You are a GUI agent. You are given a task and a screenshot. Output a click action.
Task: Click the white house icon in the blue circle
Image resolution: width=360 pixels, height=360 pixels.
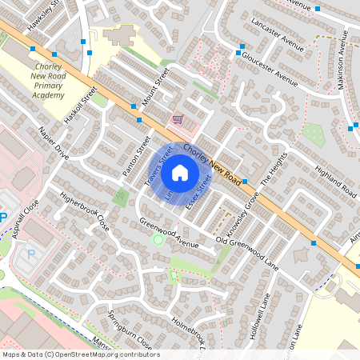[x=180, y=172]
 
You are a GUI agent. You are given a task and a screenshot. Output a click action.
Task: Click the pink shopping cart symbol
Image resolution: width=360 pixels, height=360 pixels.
[x=178, y=119]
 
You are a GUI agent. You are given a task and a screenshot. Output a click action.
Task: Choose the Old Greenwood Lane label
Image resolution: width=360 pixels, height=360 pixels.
[x=247, y=251]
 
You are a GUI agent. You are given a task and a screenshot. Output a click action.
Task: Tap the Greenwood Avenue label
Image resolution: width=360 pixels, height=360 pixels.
[x=168, y=233]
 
